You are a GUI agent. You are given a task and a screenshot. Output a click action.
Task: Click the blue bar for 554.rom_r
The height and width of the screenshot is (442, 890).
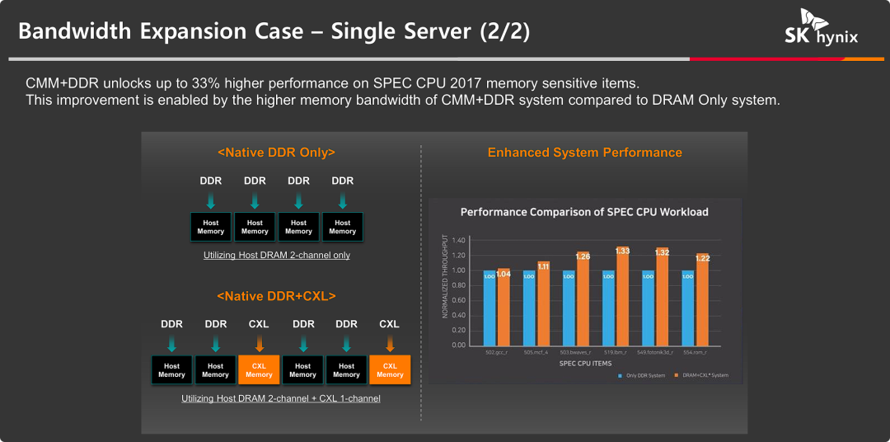tap(687, 307)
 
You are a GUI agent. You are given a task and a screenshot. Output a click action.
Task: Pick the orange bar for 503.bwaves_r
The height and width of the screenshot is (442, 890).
tap(583, 299)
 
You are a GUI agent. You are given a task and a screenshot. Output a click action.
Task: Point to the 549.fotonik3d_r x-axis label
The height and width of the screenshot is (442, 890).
tap(654, 351)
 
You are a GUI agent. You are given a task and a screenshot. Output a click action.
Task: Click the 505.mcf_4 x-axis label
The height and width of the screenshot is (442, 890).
tap(536, 351)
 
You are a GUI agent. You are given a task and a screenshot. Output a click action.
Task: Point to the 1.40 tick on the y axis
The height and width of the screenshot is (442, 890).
tap(459, 240)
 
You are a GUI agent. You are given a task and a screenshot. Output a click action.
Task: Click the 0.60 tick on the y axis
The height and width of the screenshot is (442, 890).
tap(459, 300)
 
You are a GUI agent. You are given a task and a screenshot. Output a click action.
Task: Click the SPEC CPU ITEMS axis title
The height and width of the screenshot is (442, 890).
tap(585, 363)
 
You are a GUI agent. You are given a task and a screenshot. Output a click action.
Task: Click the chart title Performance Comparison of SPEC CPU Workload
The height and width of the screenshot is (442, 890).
tap(584, 212)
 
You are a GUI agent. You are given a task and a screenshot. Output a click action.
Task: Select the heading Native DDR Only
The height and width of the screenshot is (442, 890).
tap(276, 153)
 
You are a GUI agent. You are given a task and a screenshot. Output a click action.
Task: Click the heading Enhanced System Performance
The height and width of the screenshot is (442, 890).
tap(584, 153)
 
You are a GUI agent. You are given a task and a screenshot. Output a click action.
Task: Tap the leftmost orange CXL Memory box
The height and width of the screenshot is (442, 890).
tap(259, 370)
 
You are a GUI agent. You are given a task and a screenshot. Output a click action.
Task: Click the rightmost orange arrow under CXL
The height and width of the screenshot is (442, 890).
tap(389, 342)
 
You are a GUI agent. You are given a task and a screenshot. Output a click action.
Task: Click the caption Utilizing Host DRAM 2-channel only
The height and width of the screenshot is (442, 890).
tap(277, 256)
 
